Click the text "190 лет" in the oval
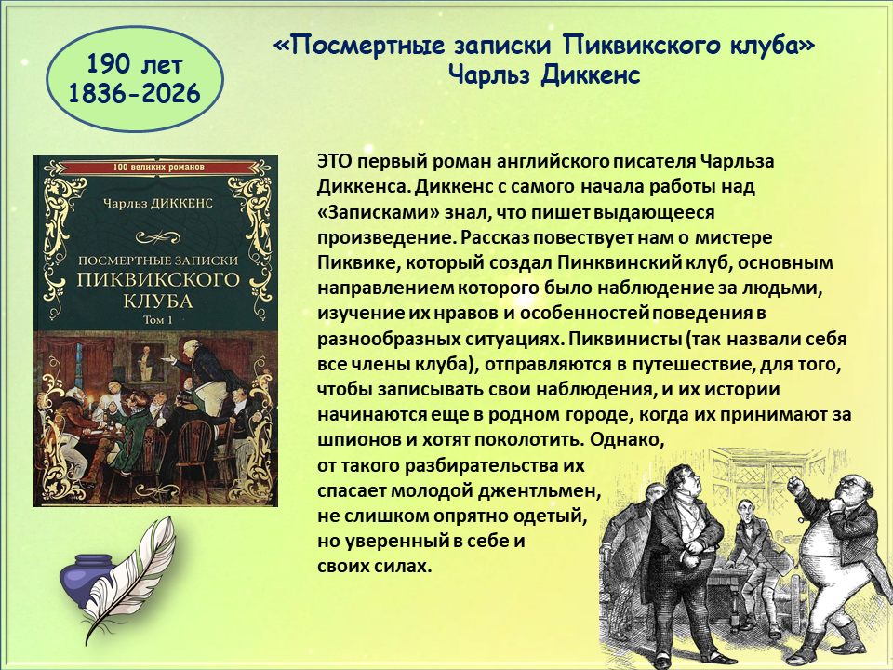[134, 64]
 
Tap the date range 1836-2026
[134, 93]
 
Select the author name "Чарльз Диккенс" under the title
[544, 74]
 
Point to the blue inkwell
[87, 577]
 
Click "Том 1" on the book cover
[158, 319]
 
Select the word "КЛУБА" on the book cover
[158, 301]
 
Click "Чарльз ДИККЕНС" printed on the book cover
[158, 204]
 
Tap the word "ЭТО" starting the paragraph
[336, 161]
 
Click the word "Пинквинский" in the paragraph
[620, 262]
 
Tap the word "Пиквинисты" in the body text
[625, 339]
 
